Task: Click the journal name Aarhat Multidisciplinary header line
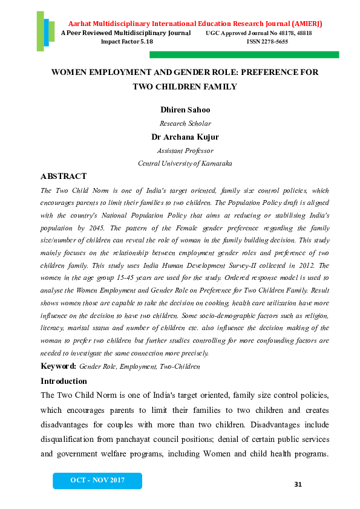[x=195, y=23]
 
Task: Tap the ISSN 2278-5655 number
[x=267, y=42]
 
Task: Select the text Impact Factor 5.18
[x=127, y=42]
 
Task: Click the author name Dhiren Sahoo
[x=185, y=109]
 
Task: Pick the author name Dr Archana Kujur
[x=185, y=137]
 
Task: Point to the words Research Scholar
[x=185, y=123]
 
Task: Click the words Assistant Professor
[x=185, y=151]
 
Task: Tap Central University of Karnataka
[x=185, y=163]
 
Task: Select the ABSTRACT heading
[x=64, y=177]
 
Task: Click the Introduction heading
[x=64, y=381]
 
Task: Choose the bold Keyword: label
[x=58, y=366]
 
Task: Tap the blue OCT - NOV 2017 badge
[x=97, y=480]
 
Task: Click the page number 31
[x=297, y=485]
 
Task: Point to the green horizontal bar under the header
[x=244, y=54]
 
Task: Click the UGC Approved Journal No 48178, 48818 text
[x=259, y=33]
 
